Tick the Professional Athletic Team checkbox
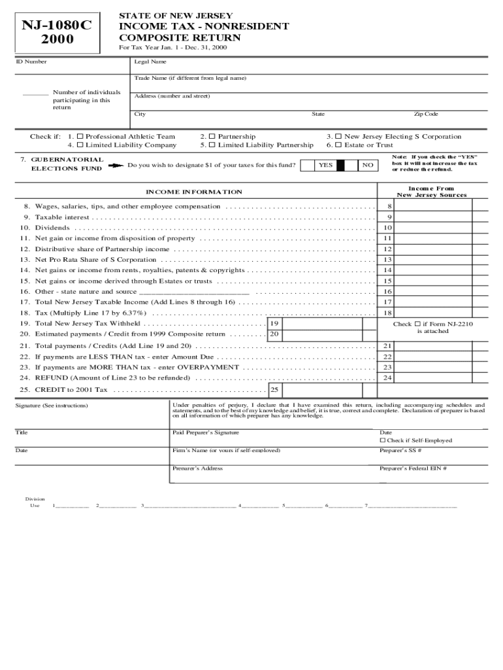[x=80, y=137]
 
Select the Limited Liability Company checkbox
[x=80, y=145]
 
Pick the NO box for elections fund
[x=368, y=166]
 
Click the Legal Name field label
[x=150, y=62]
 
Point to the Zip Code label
[x=426, y=114]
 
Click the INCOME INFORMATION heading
[x=194, y=192]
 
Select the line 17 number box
[x=388, y=302]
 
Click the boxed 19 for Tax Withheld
[x=274, y=324]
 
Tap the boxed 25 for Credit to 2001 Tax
[x=275, y=390]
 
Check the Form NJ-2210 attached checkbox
[x=416, y=324]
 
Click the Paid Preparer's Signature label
[x=206, y=432]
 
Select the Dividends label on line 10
[x=52, y=228]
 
